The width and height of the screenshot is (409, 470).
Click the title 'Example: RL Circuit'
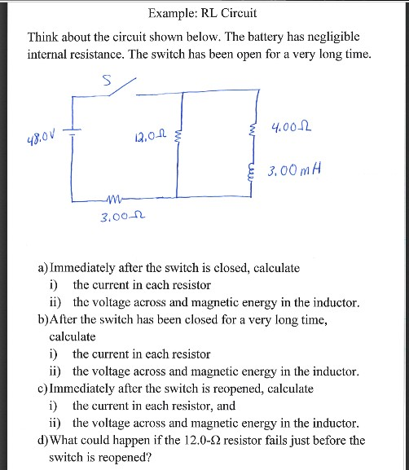203,14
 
